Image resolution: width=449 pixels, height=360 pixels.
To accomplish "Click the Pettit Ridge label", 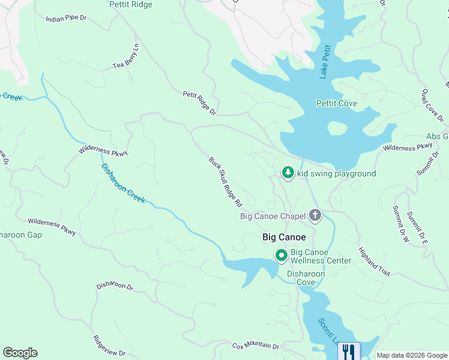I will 131,5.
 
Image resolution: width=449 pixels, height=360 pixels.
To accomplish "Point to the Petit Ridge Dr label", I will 199,102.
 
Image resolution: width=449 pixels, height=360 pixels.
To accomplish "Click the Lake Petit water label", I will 325,61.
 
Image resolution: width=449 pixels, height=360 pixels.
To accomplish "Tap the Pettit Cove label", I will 336,104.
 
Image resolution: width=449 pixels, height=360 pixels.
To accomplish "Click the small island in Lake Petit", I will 337,128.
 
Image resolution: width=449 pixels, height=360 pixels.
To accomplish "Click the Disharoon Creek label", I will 122,184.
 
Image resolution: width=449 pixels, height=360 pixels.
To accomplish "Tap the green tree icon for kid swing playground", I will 288,173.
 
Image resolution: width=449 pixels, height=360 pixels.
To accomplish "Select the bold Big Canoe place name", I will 285,238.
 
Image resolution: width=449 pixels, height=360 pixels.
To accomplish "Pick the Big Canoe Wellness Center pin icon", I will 280,256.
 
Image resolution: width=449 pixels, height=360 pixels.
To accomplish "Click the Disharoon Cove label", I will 306,278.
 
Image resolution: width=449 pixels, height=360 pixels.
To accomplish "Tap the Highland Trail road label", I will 374,262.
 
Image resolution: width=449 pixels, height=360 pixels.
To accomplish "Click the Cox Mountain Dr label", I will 256,346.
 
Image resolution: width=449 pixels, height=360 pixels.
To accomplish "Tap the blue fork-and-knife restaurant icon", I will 348,350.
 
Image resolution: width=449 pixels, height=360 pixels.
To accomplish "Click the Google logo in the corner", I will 20,353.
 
